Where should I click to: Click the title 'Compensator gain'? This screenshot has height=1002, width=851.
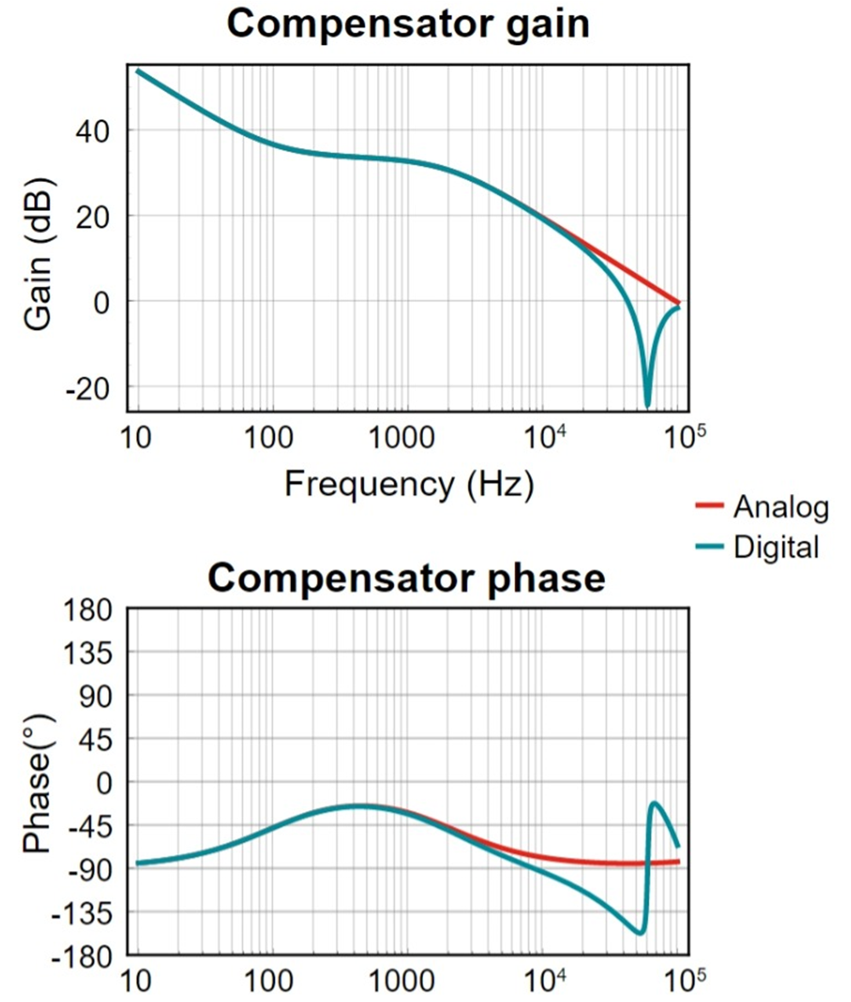point(408,23)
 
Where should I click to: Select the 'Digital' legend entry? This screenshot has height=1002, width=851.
point(775,546)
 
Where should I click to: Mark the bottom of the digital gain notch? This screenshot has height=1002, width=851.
point(648,405)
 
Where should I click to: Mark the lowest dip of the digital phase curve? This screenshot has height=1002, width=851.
point(640,933)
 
